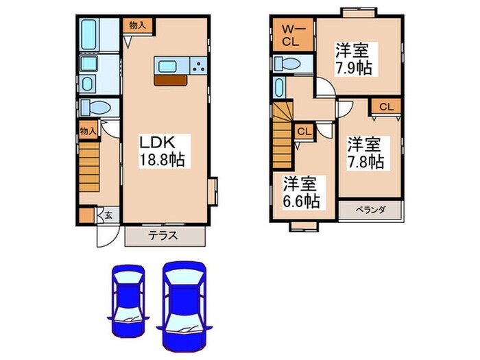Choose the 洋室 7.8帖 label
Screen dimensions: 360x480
coord(364,154)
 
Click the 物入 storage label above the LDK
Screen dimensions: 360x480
coord(137,25)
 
